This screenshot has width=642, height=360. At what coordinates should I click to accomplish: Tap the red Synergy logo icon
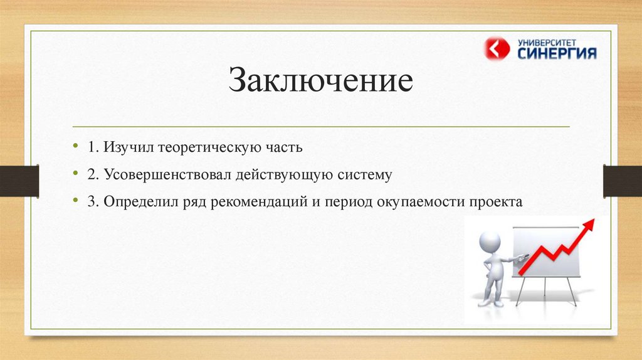497,49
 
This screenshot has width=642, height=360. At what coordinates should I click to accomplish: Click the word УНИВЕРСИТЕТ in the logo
547,43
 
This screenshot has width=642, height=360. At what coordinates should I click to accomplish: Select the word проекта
496,202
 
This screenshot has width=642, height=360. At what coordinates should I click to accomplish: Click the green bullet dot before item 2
75,173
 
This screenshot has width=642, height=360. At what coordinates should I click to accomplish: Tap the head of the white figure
490,243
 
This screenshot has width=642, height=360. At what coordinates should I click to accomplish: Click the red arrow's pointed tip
594,220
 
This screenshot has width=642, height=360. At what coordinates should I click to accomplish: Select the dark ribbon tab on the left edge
19,181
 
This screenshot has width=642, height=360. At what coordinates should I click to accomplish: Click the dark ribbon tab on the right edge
623,181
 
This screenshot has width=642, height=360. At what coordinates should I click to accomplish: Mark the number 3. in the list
93,202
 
